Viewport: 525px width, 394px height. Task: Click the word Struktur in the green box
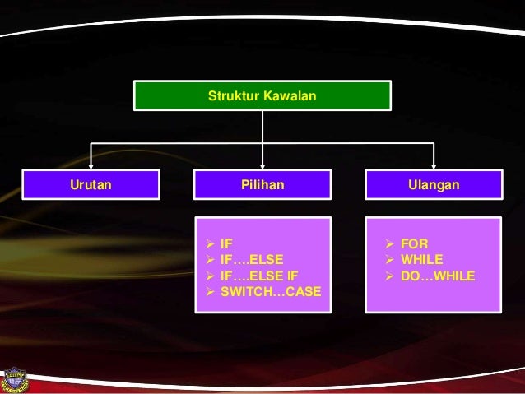230,96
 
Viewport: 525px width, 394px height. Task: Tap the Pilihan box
262,185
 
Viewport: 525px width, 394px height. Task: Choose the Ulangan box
434,185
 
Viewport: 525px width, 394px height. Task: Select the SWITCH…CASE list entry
271,292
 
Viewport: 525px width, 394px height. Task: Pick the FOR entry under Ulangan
413,243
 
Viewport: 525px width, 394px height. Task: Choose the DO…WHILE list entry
437,276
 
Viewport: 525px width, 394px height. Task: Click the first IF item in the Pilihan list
227,243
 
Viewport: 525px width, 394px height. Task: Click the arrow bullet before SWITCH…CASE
211,292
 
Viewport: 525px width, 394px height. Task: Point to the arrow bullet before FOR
390,243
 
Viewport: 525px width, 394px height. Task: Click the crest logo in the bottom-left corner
16,378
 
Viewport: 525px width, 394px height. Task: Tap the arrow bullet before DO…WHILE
390,276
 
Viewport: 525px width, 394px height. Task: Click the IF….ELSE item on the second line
252,260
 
